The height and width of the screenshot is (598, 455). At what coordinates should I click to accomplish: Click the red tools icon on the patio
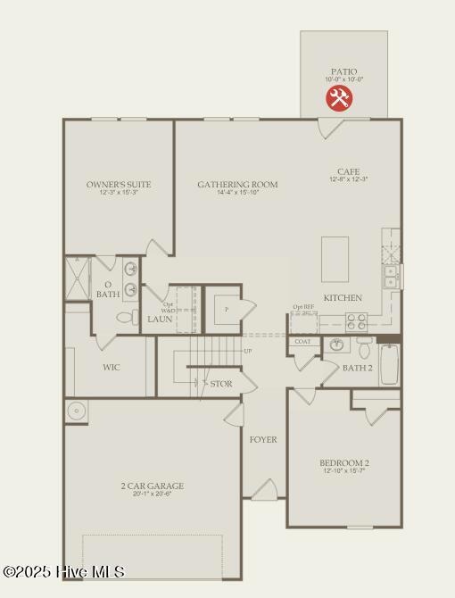339,97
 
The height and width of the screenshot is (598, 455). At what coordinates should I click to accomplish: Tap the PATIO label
343,71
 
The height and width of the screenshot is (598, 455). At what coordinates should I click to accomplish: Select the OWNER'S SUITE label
119,185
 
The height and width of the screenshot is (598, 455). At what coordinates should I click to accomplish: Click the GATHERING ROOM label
237,185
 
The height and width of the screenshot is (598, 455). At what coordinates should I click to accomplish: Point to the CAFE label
348,171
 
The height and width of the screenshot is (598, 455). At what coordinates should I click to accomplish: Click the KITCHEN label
343,297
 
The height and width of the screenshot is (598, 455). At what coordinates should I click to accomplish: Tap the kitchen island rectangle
335,260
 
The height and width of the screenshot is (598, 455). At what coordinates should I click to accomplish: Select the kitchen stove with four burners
356,321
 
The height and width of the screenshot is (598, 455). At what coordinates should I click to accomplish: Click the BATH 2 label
358,368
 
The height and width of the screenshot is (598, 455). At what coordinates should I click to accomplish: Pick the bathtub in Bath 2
389,364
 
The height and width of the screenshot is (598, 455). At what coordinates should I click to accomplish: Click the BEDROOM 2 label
344,462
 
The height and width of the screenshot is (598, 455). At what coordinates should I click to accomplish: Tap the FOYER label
262,439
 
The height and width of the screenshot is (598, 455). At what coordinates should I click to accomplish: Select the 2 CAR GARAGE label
153,486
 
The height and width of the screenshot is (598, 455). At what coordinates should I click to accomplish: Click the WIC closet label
112,367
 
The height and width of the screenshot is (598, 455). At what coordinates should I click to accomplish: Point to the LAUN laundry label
160,319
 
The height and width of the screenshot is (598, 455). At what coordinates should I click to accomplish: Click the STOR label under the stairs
221,384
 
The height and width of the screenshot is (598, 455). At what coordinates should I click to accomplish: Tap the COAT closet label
302,341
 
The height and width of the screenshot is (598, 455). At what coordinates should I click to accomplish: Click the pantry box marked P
227,309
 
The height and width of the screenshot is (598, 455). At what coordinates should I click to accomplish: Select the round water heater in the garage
77,411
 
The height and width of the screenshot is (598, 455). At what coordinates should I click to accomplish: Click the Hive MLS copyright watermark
64,571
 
